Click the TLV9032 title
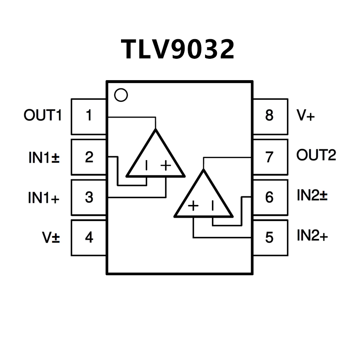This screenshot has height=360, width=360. coord(178,49)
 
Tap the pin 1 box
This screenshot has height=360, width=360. coord(89,116)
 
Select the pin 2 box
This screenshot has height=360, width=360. coord(89,157)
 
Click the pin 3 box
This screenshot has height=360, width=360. coord(89,197)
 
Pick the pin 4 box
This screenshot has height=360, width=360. coord(89,238)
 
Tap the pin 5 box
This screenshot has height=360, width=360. coord(270,238)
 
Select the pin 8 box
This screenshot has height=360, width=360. coord(270,116)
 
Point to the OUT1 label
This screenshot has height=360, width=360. coord(43,116)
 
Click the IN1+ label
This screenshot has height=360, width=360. coord(44,198)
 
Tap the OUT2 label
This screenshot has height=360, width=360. coord(316,155)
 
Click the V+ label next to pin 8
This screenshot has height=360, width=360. coord(305,116)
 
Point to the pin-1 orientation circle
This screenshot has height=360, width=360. coord(121,95)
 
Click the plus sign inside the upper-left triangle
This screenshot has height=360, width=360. coord(165,165)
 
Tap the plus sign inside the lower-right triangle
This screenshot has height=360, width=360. coord(193,205)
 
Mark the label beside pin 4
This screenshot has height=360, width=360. coord(51,238)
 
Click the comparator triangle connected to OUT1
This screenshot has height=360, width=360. coord(155,159)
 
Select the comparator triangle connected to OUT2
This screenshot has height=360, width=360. coord(203,199)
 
